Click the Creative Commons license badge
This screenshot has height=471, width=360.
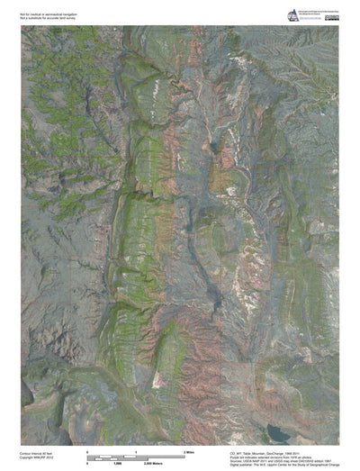pos(332,16)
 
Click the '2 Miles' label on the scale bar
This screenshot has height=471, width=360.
pos(189,450)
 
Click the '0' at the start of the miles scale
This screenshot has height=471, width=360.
pos(87,450)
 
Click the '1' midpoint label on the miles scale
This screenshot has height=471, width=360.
pos(136,450)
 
